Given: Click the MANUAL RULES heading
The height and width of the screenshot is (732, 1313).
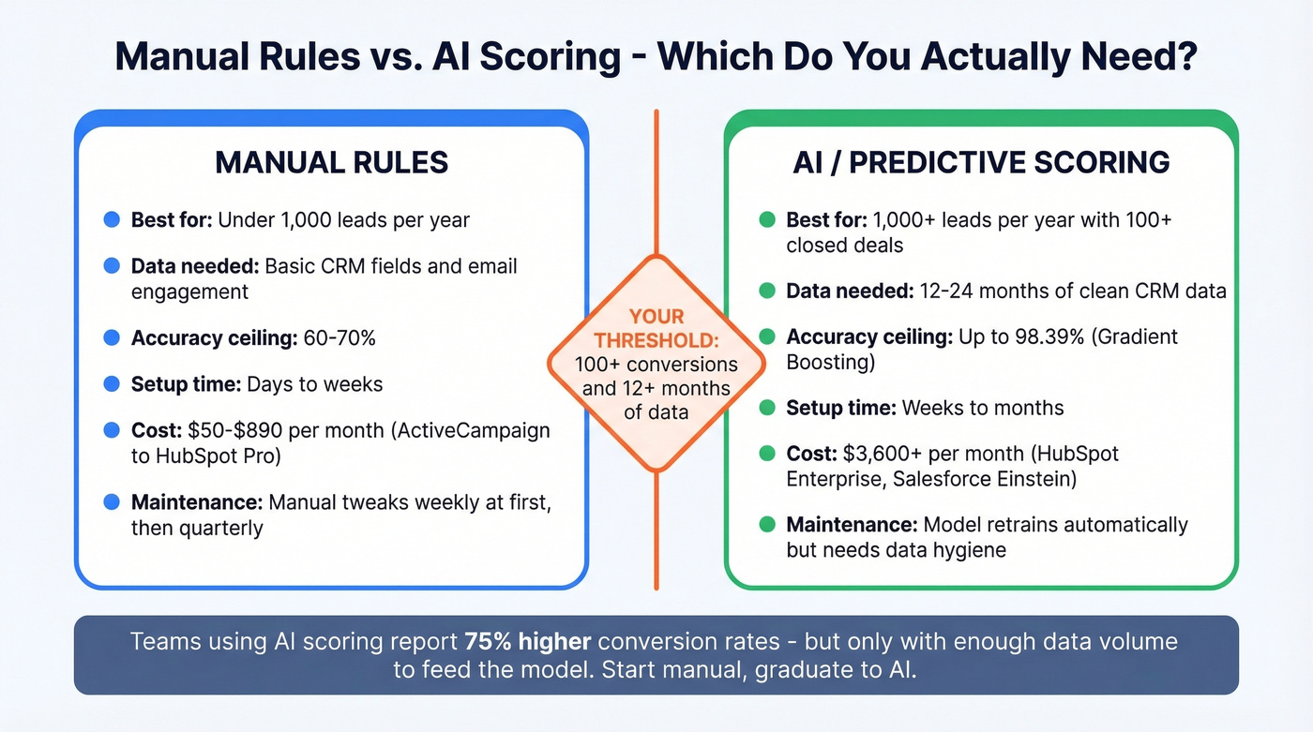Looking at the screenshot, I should point(331,162).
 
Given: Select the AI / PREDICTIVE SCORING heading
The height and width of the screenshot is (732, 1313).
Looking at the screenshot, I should point(981,162).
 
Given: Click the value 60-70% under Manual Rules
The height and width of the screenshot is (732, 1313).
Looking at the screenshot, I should point(340,337).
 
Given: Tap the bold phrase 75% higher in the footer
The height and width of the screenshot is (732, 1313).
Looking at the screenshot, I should point(527,642).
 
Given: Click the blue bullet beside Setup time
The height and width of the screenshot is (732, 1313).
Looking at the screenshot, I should point(112,384).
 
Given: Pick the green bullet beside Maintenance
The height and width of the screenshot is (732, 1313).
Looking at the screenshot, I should point(766,525).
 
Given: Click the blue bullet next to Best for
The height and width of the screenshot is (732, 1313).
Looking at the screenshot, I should point(112,220).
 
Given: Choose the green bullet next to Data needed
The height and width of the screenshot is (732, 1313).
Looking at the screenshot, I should point(766,291).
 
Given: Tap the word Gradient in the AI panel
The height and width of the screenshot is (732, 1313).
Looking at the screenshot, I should point(1138,336).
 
